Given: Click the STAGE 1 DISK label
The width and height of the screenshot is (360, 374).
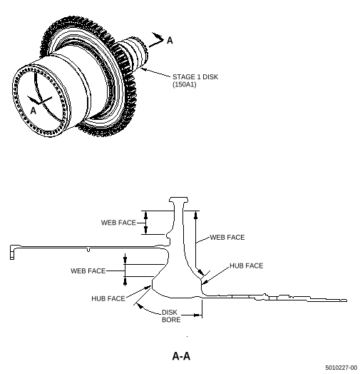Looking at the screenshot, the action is click(195, 77).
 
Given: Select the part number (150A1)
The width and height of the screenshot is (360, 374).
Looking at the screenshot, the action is click(185, 84).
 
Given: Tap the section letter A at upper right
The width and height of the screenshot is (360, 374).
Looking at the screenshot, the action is click(170, 40).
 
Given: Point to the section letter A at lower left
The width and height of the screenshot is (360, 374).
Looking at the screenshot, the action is click(34, 111).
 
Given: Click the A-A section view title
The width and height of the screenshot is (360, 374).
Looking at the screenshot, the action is click(181, 356).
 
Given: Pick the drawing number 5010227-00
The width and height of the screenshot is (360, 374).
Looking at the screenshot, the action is click(341, 368).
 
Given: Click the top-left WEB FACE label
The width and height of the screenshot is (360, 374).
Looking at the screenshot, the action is click(118, 223).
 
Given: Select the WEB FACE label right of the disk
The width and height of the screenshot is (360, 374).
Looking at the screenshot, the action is click(227, 238).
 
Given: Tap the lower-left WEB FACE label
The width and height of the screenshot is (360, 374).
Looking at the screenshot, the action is click(88, 271).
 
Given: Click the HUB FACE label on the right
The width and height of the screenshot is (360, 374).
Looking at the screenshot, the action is click(247, 266).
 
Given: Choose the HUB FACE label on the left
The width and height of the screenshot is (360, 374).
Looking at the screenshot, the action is click(108, 298).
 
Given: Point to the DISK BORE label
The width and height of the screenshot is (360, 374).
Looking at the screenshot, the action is click(171, 316).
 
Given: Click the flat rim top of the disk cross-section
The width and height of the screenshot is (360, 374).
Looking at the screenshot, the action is click(178, 198).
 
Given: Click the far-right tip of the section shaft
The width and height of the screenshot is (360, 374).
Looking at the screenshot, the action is click(346, 300).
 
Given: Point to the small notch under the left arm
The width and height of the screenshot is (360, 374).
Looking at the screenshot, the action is click(88, 251).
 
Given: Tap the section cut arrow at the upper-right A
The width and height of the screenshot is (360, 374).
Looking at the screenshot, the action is click(156, 39).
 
